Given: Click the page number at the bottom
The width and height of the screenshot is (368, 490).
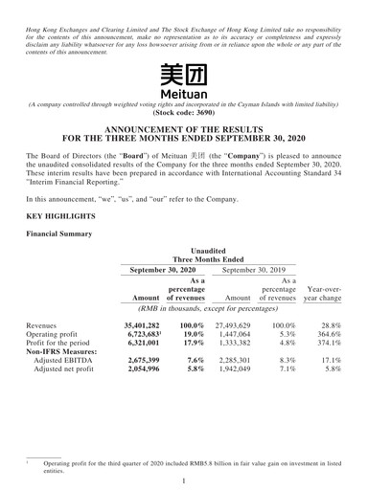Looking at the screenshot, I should click(183, 478).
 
